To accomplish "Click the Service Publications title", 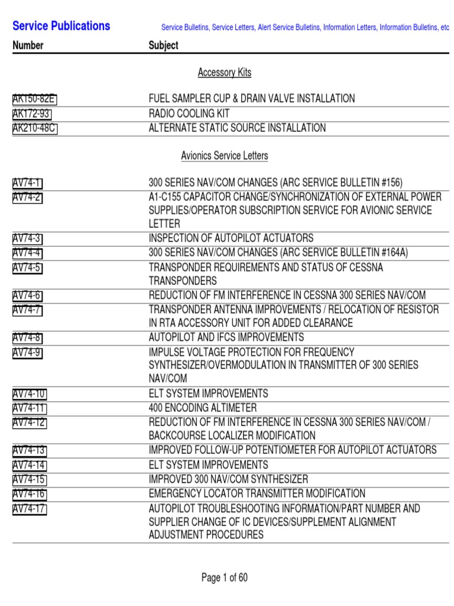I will (x=61, y=26).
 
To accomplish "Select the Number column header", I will (x=28, y=46).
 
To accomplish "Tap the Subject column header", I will (x=163, y=46).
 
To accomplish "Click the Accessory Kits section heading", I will (x=224, y=72).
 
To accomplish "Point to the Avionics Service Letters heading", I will (x=224, y=156).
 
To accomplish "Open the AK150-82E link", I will (x=34, y=99).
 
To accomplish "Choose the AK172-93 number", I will (x=33, y=113).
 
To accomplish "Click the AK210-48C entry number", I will (x=35, y=128).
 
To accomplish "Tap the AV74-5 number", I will (x=27, y=268).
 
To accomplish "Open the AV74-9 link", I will (x=27, y=353).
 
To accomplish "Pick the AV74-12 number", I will (x=30, y=422).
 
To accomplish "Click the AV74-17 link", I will (x=30, y=509).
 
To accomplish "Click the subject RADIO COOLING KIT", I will (x=189, y=113).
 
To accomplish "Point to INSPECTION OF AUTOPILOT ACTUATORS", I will (x=231, y=238).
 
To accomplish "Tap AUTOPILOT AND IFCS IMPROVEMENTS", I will (x=226, y=337).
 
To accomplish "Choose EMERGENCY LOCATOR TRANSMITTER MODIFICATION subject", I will (x=257, y=494).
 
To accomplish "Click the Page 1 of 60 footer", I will (x=225, y=578).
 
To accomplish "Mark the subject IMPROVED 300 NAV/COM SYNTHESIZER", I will (x=228, y=479).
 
